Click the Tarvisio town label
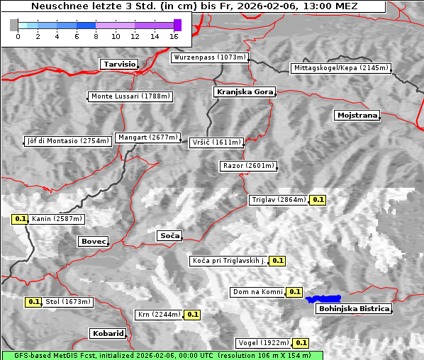(x=119, y=64)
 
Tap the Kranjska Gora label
(x=243, y=92)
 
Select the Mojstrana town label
(x=357, y=115)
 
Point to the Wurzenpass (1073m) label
(x=210, y=57)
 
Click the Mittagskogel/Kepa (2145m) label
(x=340, y=68)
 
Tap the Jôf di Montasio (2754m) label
(x=68, y=141)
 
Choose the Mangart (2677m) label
(x=149, y=137)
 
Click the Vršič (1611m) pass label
(x=217, y=142)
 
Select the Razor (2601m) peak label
(x=247, y=166)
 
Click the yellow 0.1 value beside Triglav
(x=318, y=200)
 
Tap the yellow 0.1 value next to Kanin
(x=20, y=219)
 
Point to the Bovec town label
(x=93, y=242)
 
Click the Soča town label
(x=169, y=235)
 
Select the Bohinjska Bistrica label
(x=353, y=309)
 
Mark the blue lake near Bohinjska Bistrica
(x=323, y=299)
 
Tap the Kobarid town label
(x=108, y=333)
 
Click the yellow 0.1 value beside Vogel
(x=301, y=343)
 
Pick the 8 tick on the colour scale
(x=95, y=35)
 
